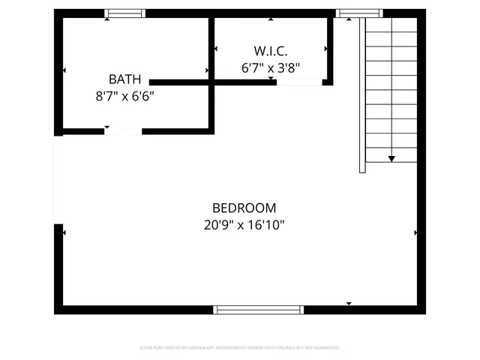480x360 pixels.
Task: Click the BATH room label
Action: point(124,79)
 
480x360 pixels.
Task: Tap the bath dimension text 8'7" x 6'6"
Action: point(124,96)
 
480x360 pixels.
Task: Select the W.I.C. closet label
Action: point(271,51)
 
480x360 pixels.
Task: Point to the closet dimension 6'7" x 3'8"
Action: point(271,67)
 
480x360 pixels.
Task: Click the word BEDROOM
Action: point(244,208)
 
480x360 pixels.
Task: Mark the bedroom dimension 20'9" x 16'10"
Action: point(244,224)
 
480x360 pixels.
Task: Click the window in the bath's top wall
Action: point(125,13)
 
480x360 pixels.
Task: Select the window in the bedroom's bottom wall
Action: point(259,309)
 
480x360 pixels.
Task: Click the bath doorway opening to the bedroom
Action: point(123,131)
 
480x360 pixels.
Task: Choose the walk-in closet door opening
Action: point(299,82)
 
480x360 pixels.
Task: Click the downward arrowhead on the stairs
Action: point(391,158)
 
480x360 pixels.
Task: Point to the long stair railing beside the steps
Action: point(363,94)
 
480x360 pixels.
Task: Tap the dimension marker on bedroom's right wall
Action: point(415,233)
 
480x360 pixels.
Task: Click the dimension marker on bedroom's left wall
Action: point(65,233)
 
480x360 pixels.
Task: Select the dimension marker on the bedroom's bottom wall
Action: point(349,303)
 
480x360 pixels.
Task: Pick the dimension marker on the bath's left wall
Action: point(64,70)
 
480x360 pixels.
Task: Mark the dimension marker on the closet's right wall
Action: point(325,49)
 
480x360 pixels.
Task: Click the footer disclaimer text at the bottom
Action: point(240,348)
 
